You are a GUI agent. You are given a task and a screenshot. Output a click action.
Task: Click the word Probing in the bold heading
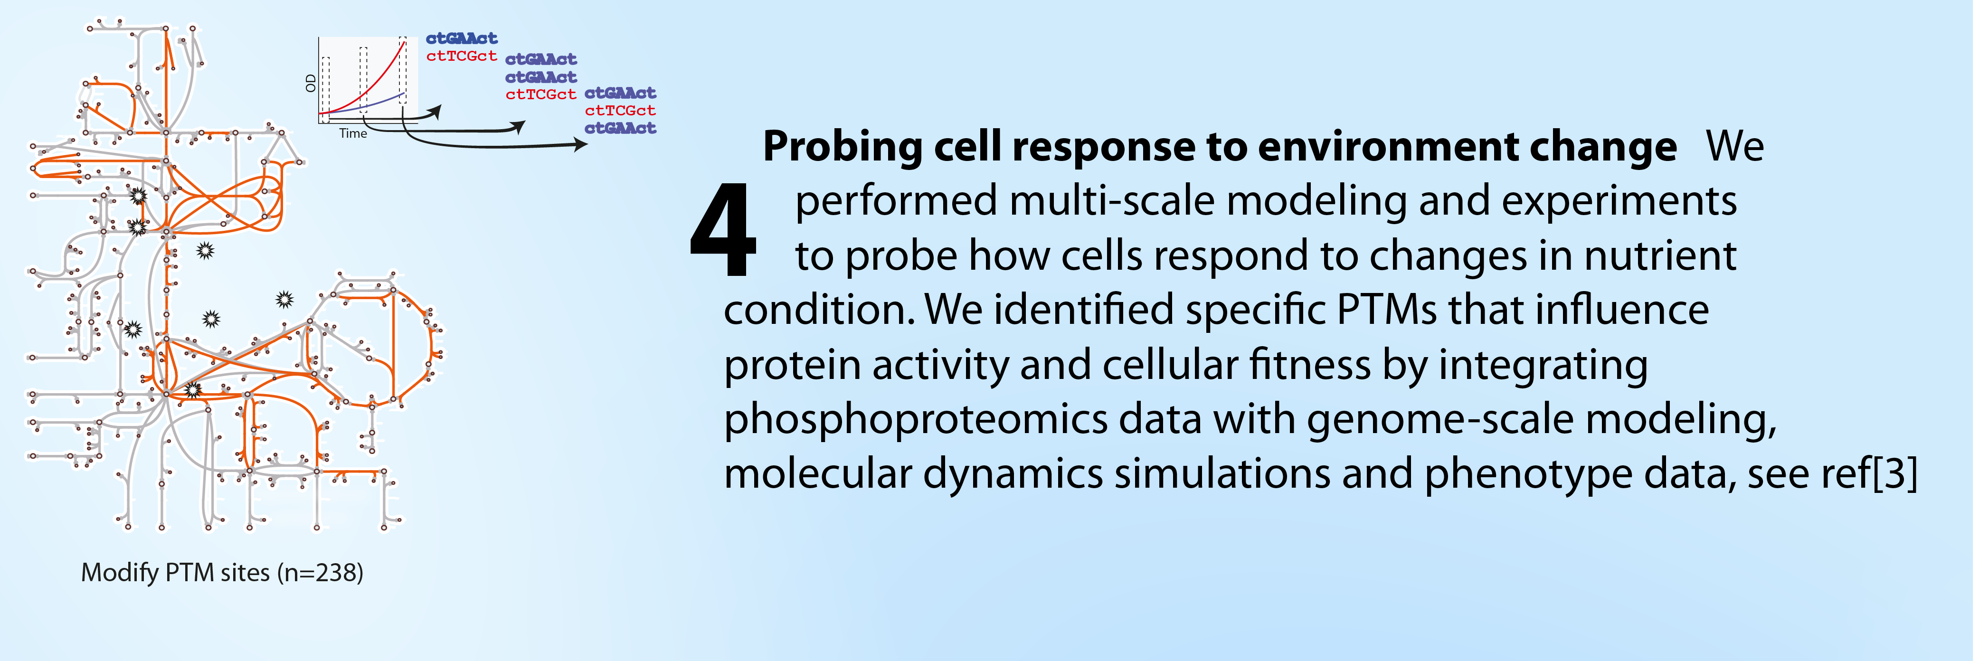(x=843, y=147)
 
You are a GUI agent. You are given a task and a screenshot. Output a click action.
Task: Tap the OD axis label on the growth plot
(x=311, y=83)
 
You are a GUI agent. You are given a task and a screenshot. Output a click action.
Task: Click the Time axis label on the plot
(x=353, y=133)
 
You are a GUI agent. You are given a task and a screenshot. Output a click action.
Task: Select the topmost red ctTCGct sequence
(x=462, y=56)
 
